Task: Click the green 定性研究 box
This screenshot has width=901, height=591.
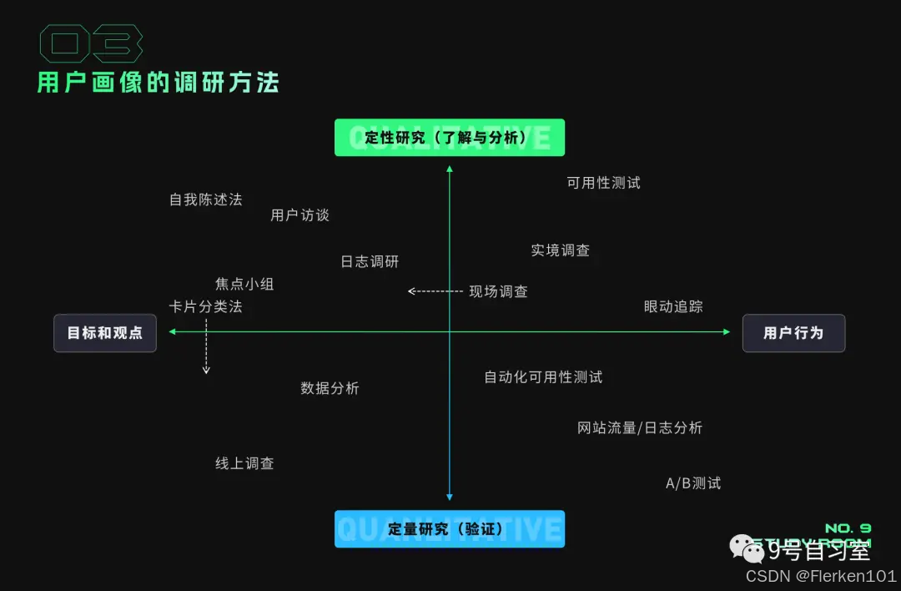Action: [x=449, y=138]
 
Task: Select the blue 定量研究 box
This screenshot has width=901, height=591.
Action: [x=449, y=529]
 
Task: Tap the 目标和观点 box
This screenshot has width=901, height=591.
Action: [x=105, y=333]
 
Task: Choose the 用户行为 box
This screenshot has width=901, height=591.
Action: [x=793, y=333]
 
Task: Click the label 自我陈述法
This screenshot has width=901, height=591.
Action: [x=205, y=200]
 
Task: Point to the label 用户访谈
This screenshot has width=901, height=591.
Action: [x=300, y=215]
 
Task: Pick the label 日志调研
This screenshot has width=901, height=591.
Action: [x=370, y=261]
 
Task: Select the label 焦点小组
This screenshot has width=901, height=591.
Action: [x=244, y=284]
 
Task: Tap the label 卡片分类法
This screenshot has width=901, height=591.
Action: [x=205, y=306]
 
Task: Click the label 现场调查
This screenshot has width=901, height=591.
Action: [x=498, y=291]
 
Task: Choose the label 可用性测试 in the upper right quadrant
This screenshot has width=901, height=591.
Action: [x=603, y=183]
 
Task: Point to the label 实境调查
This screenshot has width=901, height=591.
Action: [x=561, y=250]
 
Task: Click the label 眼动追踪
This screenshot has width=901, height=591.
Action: [x=673, y=306]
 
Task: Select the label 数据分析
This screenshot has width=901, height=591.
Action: [x=330, y=388]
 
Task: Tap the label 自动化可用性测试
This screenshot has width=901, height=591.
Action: [x=543, y=377]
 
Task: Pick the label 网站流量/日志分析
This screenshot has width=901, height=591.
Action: [x=640, y=428]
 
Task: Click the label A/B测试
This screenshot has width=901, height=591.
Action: [x=692, y=483]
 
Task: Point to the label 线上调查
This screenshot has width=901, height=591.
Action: [x=244, y=463]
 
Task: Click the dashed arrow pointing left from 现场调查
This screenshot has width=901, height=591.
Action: [x=435, y=291]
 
